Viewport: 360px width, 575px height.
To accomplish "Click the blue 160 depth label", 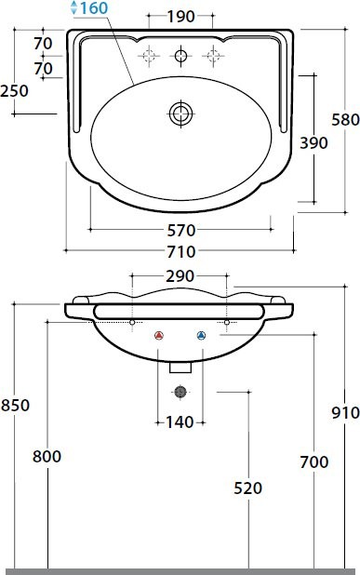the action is [94, 8].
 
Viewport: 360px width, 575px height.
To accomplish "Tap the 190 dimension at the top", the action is [180, 17].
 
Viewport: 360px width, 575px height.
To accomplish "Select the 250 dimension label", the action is [14, 91].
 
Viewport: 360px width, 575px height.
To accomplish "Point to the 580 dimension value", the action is [345, 120].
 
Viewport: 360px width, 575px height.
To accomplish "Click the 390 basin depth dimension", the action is [313, 142].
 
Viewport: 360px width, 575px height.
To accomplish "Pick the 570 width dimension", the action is [181, 231].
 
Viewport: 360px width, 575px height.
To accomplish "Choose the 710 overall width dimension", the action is [181, 252].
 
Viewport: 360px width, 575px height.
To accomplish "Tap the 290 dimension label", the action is [180, 276].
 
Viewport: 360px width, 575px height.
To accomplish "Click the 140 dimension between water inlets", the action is [180, 422].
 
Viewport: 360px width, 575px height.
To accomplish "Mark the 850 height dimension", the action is [15, 406].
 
